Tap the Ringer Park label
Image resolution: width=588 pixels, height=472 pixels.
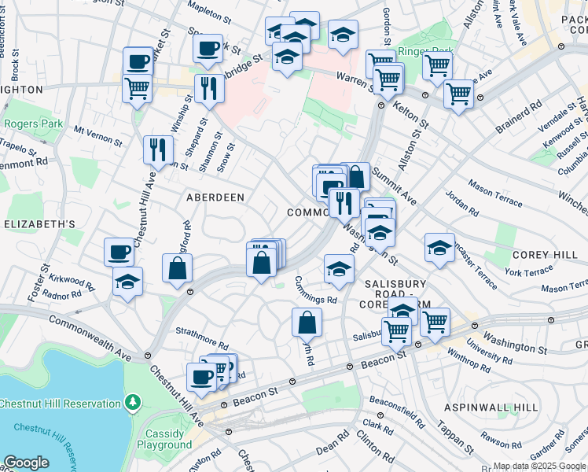click(x=425, y=52)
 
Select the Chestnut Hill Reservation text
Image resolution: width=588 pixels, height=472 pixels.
click(x=59, y=404)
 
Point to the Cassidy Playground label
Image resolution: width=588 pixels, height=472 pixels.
click(x=164, y=439)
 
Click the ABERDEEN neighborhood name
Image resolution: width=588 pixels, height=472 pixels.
click(x=215, y=197)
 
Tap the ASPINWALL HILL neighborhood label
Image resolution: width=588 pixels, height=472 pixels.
click(x=491, y=407)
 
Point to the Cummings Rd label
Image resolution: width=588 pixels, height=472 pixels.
click(x=315, y=290)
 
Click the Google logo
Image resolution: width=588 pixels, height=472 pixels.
click(x=26, y=463)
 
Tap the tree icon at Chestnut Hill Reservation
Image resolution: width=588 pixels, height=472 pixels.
click(x=134, y=404)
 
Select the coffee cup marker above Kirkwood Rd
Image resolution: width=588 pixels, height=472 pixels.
click(x=119, y=252)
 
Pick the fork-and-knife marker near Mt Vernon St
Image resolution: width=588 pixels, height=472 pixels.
click(x=158, y=149)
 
